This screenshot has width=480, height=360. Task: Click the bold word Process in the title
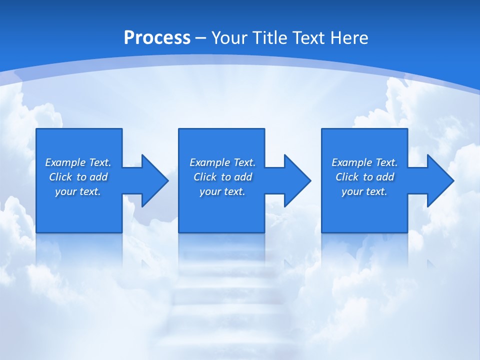[x=157, y=38]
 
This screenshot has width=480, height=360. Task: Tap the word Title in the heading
[x=271, y=38]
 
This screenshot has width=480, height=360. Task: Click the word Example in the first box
[x=65, y=162]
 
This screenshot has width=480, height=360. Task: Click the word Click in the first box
[x=60, y=177]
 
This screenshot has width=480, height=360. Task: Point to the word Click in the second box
[x=205, y=177]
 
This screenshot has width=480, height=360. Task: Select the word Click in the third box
[x=347, y=177]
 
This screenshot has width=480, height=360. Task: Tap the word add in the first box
[x=99, y=177]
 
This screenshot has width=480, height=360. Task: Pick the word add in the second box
[x=243, y=177]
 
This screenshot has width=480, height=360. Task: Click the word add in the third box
[x=385, y=177]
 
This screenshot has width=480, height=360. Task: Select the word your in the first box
[x=65, y=192]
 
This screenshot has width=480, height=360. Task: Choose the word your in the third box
[x=351, y=192]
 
